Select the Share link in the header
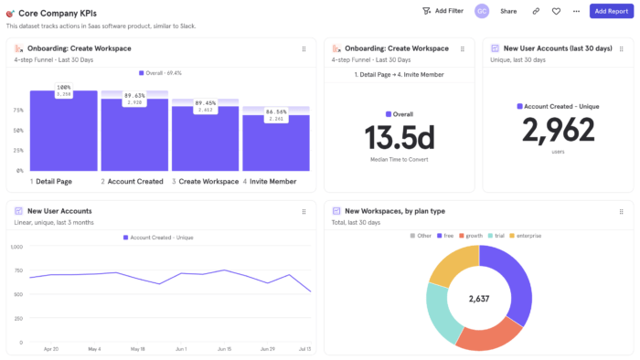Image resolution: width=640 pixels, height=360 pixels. click(x=508, y=11)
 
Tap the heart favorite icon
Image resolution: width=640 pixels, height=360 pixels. click(x=556, y=11)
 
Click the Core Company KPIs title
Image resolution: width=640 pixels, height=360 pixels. click(x=57, y=13)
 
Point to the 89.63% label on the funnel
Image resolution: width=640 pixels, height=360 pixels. click(x=134, y=96)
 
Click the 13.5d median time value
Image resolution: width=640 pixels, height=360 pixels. click(x=400, y=137)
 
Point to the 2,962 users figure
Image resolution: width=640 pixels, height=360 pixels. click(x=557, y=130)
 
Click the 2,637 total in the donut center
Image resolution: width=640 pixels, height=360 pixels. click(x=479, y=298)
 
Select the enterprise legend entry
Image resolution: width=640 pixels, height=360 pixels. click(x=525, y=235)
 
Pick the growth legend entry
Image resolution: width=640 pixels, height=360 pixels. click(x=470, y=235)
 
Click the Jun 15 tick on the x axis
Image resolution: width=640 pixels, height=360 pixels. click(x=224, y=348)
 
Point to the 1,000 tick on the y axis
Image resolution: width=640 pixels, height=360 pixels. click(x=16, y=247)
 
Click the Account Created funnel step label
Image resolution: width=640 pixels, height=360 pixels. click(x=134, y=181)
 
